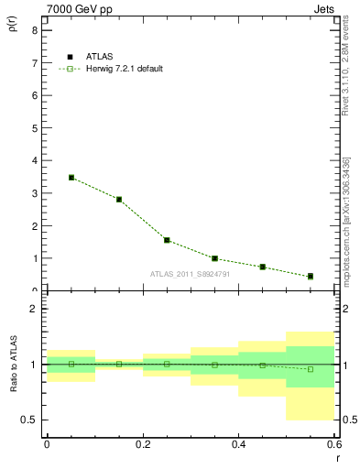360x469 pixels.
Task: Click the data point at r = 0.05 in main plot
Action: tap(71, 178)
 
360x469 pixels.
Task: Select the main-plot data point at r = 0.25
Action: tap(167, 240)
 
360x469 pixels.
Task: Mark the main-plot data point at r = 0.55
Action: tap(311, 277)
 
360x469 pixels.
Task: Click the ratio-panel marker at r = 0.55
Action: tap(311, 369)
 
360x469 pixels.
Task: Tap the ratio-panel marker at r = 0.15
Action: tap(119, 364)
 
